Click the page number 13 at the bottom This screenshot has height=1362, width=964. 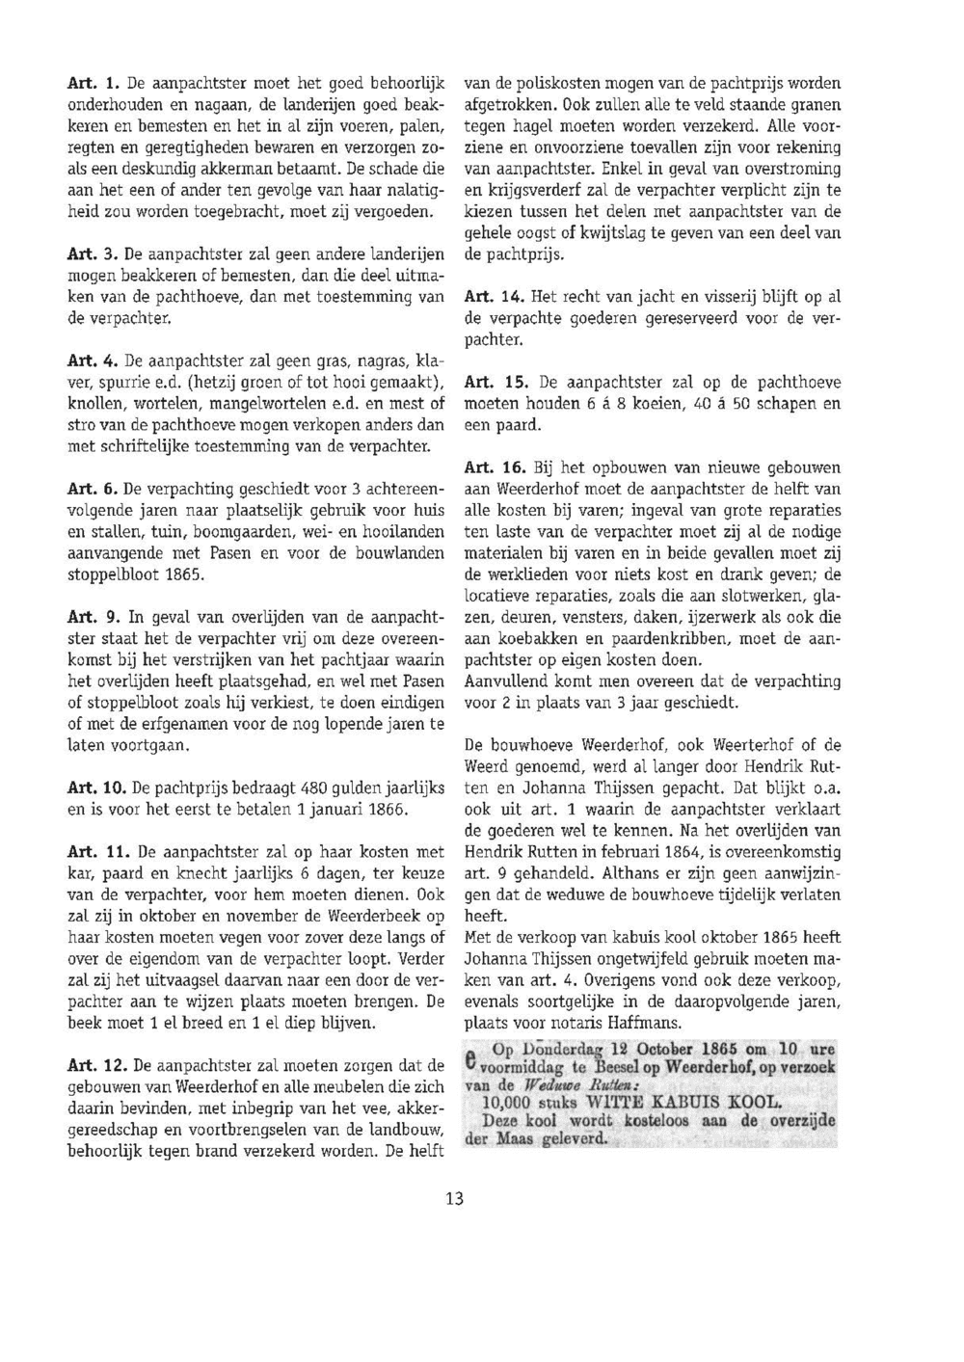click(455, 1198)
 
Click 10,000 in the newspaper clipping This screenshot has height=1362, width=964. click(514, 1103)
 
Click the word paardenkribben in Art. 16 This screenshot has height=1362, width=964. click(690, 639)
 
